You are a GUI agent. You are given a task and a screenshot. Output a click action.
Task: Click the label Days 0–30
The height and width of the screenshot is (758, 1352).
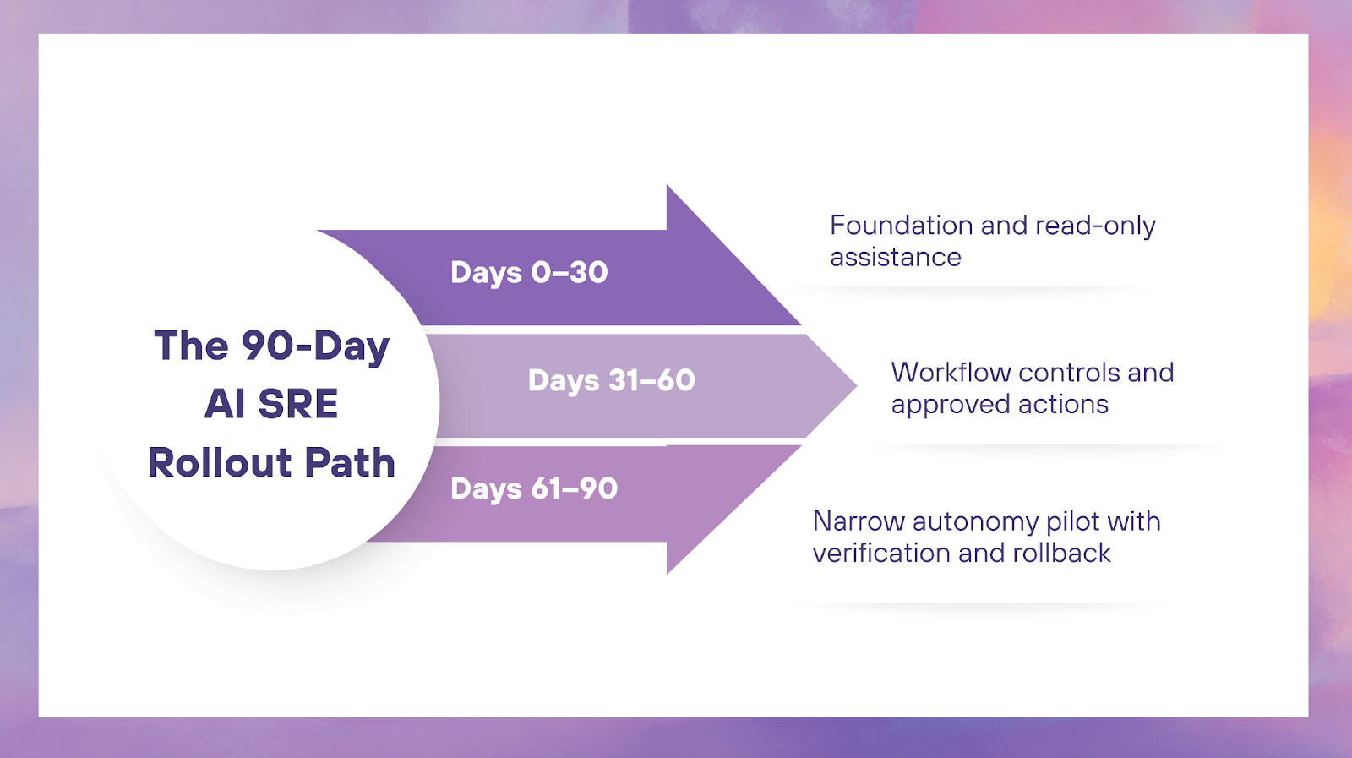pyautogui.click(x=529, y=272)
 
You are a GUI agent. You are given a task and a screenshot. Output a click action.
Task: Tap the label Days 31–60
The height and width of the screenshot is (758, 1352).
pyautogui.click(x=611, y=380)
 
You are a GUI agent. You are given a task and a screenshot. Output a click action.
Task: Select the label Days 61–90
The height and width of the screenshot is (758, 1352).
pyautogui.click(x=534, y=488)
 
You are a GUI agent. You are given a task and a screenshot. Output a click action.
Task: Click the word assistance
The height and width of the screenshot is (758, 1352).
pyautogui.click(x=895, y=257)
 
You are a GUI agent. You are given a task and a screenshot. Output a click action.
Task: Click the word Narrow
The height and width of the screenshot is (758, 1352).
pyautogui.click(x=858, y=521)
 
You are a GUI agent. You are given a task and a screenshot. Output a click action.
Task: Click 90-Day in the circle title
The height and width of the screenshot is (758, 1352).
pyautogui.click(x=315, y=346)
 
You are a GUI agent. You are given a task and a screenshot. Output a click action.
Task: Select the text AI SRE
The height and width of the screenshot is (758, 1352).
pyautogui.click(x=271, y=404)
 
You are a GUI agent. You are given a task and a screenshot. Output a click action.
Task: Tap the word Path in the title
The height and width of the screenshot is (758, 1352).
pyautogui.click(x=350, y=463)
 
